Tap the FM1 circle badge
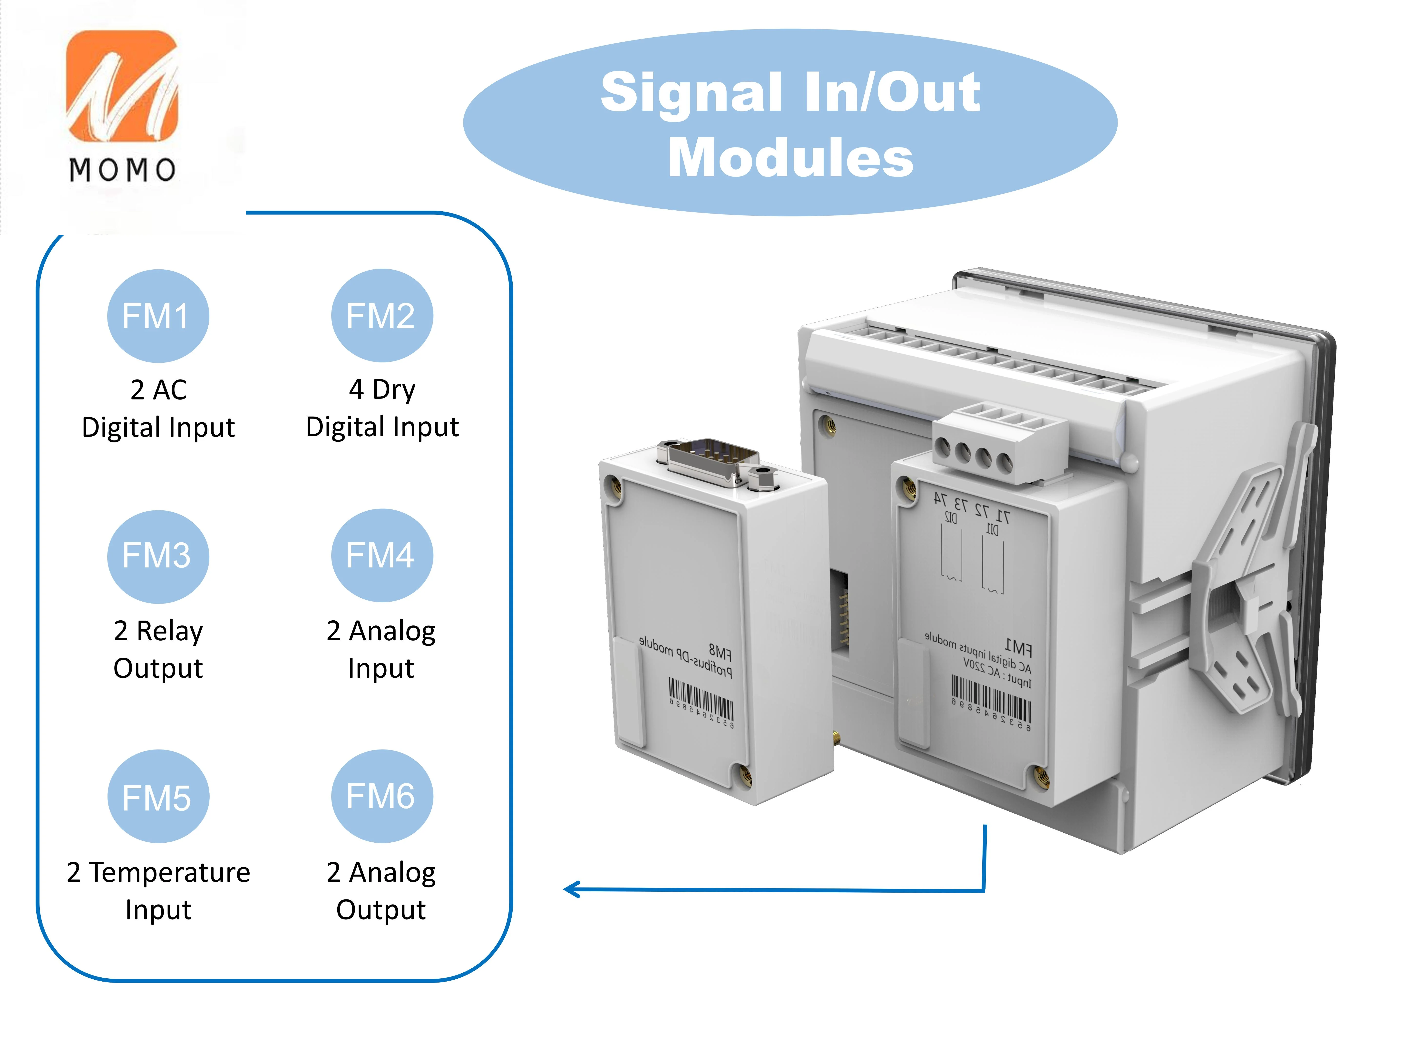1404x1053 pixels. tap(157, 315)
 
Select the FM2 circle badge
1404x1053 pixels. tap(381, 315)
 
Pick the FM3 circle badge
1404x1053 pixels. tap(157, 556)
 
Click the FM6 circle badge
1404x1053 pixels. tap(381, 796)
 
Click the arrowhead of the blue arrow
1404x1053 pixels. tap(571, 889)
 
